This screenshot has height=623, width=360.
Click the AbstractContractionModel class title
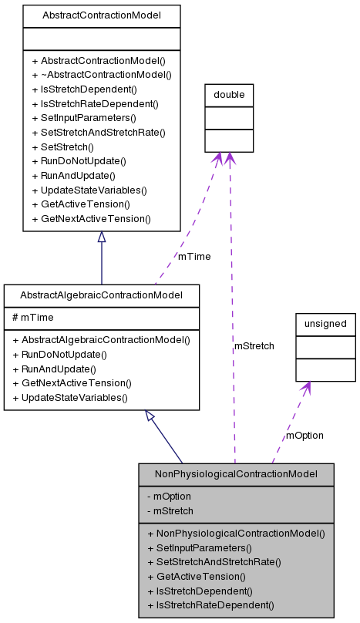(x=101, y=15)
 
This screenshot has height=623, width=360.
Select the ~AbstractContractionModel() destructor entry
(x=101, y=75)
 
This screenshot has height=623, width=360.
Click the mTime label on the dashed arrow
(x=194, y=256)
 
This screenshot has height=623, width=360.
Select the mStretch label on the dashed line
(x=254, y=346)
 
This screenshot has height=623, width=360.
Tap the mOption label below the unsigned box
(x=304, y=435)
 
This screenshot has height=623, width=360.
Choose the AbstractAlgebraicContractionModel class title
(x=101, y=295)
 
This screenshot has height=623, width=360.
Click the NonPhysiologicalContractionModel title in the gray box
(x=236, y=473)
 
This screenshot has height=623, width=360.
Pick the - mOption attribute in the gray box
(x=169, y=497)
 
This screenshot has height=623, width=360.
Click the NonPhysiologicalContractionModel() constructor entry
(x=235, y=533)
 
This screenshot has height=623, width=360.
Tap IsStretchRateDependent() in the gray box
(x=210, y=605)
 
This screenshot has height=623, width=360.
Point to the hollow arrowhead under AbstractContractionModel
(x=101, y=238)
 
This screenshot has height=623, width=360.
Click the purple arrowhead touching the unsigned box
(x=307, y=389)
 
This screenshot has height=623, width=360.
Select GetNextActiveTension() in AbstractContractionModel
(x=91, y=218)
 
